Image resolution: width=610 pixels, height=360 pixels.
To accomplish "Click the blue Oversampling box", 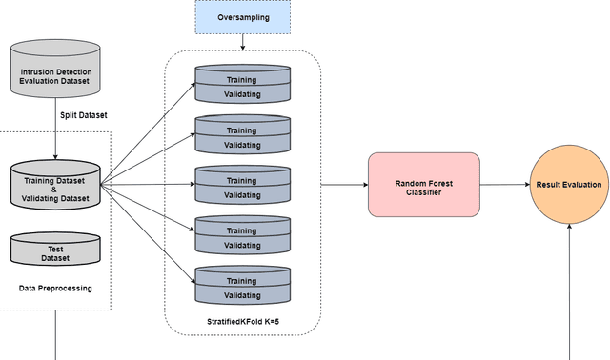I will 242,17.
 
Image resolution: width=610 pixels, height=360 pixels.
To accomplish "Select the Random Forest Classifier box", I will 423,184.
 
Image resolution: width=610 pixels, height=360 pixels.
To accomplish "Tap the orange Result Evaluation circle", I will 569,184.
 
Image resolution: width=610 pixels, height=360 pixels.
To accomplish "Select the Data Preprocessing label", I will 55,288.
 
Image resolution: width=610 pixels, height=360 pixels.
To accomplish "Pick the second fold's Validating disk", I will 241,145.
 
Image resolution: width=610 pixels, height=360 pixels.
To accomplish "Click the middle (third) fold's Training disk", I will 241,180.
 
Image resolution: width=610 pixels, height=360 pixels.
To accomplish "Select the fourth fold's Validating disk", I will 241,245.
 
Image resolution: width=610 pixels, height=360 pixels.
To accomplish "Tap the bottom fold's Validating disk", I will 241,295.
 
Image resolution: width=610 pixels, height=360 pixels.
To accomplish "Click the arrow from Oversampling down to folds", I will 242,42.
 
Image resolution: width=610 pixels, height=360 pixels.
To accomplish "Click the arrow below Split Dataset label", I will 55,139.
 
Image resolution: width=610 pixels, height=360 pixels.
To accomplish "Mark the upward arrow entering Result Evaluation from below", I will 569,286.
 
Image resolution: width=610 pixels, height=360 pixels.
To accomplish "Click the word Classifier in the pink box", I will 423,190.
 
